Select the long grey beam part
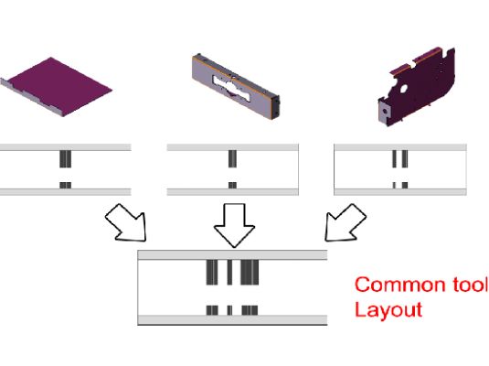pyautogui.click(x=236, y=86)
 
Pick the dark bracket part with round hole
pyautogui.click(x=417, y=87)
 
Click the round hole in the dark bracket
pyautogui.click(x=403, y=89)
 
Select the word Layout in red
pyautogui.click(x=388, y=310)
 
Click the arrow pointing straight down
pyautogui.click(x=234, y=225)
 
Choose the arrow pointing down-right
pyautogui.click(x=126, y=223)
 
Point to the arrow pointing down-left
pyautogui.click(x=345, y=223)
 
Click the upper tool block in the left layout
pyautogui.click(x=65, y=159)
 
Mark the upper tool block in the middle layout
pyautogui.click(x=232, y=158)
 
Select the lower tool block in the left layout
pyautogui.click(x=65, y=186)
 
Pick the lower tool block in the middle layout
pyautogui.click(x=232, y=186)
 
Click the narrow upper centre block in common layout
pyautogui.click(x=229, y=273)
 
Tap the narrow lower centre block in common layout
pyautogui.click(x=229, y=310)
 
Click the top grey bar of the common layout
pyautogui.click(x=232, y=255)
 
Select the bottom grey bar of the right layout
pyautogui.click(x=400, y=192)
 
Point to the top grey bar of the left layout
pyautogui.click(x=65, y=147)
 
